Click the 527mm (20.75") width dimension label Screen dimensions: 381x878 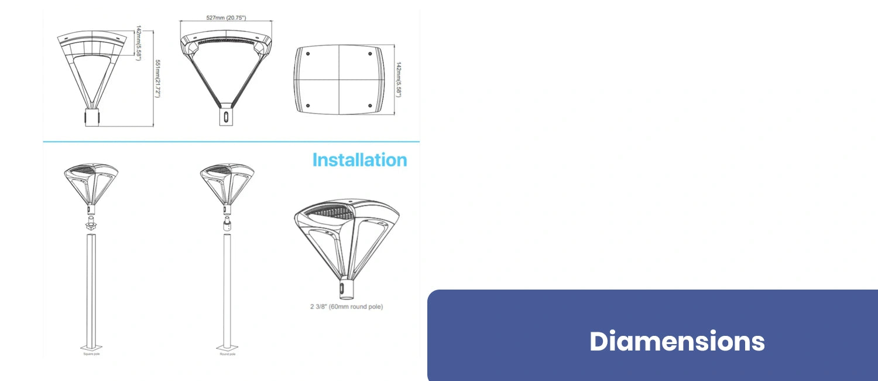(x=226, y=18)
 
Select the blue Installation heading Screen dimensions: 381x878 (x=359, y=160)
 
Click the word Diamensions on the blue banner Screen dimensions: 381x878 (x=677, y=341)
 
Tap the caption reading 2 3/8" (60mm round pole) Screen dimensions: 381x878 (x=347, y=307)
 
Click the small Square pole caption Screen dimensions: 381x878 (x=90, y=354)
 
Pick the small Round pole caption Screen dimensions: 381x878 (x=227, y=354)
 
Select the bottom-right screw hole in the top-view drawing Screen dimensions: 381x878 (x=370, y=105)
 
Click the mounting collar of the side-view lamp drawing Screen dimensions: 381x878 (x=92, y=117)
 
